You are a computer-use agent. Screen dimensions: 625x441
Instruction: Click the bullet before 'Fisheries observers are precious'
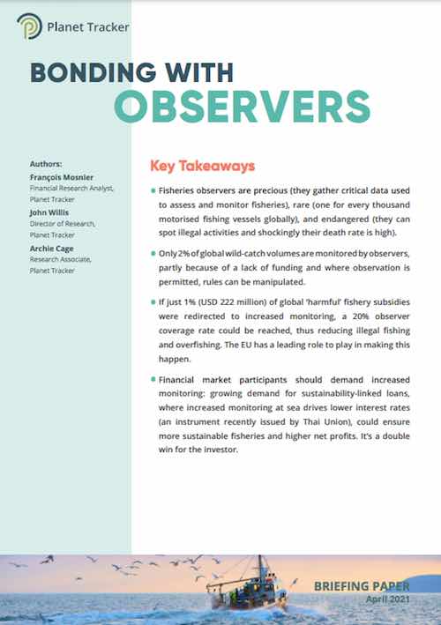click(153, 190)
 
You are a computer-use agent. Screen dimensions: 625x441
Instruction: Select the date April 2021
click(389, 599)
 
